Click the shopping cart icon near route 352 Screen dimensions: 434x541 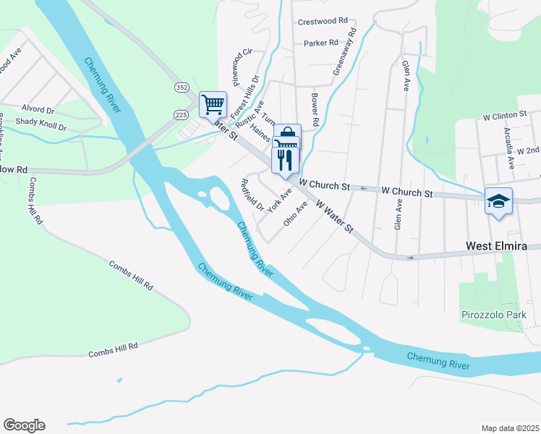(213, 104)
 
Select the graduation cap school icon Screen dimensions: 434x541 (498, 200)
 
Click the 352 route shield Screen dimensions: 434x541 (182, 87)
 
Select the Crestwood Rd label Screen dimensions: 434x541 (323, 22)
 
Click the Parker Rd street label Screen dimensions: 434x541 (321, 43)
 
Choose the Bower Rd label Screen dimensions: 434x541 (314, 109)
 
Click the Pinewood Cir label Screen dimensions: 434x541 (237, 67)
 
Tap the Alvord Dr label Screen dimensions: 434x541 (38, 110)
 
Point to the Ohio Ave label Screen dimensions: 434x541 (296, 213)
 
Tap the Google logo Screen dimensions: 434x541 (24, 425)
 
